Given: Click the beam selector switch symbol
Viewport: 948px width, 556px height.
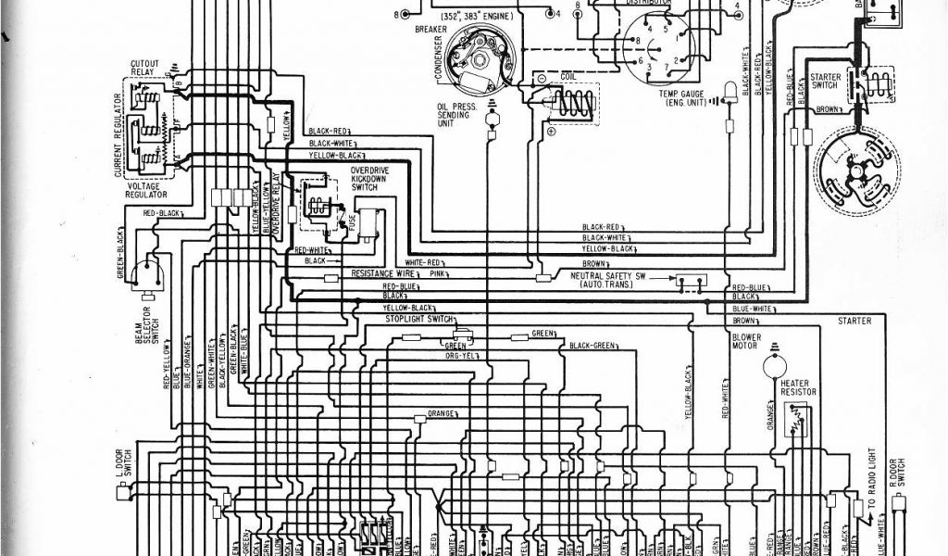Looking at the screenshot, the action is pos(146,272).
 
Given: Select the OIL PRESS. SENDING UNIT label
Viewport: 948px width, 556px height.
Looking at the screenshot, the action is pos(457,119).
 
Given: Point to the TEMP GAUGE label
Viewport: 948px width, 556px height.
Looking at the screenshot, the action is pos(682,97).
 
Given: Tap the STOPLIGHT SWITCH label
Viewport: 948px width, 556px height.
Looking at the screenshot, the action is pos(418,319).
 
